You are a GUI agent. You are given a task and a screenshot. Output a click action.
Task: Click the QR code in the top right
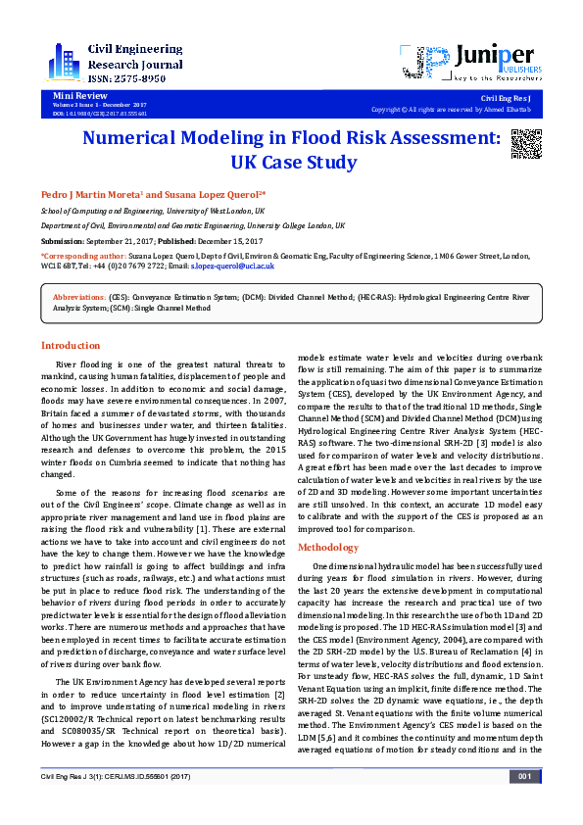coord(525,144)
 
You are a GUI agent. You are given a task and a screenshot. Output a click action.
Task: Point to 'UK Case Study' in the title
coord(290,162)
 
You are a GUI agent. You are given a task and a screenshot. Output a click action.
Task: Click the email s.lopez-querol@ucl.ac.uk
coord(232,266)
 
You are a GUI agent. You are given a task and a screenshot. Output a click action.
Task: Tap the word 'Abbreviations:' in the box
coord(80,295)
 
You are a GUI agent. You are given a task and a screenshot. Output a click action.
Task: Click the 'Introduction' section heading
coord(70,345)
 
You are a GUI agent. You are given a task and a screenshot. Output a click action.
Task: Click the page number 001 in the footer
coord(524,804)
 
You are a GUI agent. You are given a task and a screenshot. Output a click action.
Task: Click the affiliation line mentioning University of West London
coord(152,211)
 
